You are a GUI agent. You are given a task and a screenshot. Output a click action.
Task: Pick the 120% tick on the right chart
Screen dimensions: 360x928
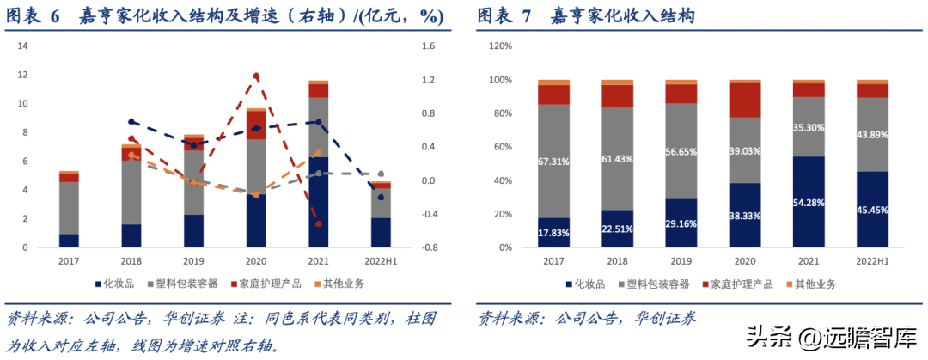coord(500,46)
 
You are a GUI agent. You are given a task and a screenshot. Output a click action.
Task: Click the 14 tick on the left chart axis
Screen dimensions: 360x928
coord(23,46)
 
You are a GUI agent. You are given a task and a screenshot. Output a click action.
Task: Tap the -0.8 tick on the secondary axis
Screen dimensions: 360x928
coord(429,247)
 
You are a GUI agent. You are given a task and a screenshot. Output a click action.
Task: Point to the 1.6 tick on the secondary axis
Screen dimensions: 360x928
coord(429,46)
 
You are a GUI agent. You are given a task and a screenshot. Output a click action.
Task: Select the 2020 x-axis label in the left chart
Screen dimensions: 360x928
coord(256,259)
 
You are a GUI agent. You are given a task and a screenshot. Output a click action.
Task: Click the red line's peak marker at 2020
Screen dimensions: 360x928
coord(256,76)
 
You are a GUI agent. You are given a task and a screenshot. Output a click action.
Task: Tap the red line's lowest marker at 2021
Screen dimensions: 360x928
coord(319,224)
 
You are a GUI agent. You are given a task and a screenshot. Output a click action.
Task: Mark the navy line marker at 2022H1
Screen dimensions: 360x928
coord(381,198)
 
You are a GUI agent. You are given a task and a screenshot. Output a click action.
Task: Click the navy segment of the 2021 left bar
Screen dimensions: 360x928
coord(319,202)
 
